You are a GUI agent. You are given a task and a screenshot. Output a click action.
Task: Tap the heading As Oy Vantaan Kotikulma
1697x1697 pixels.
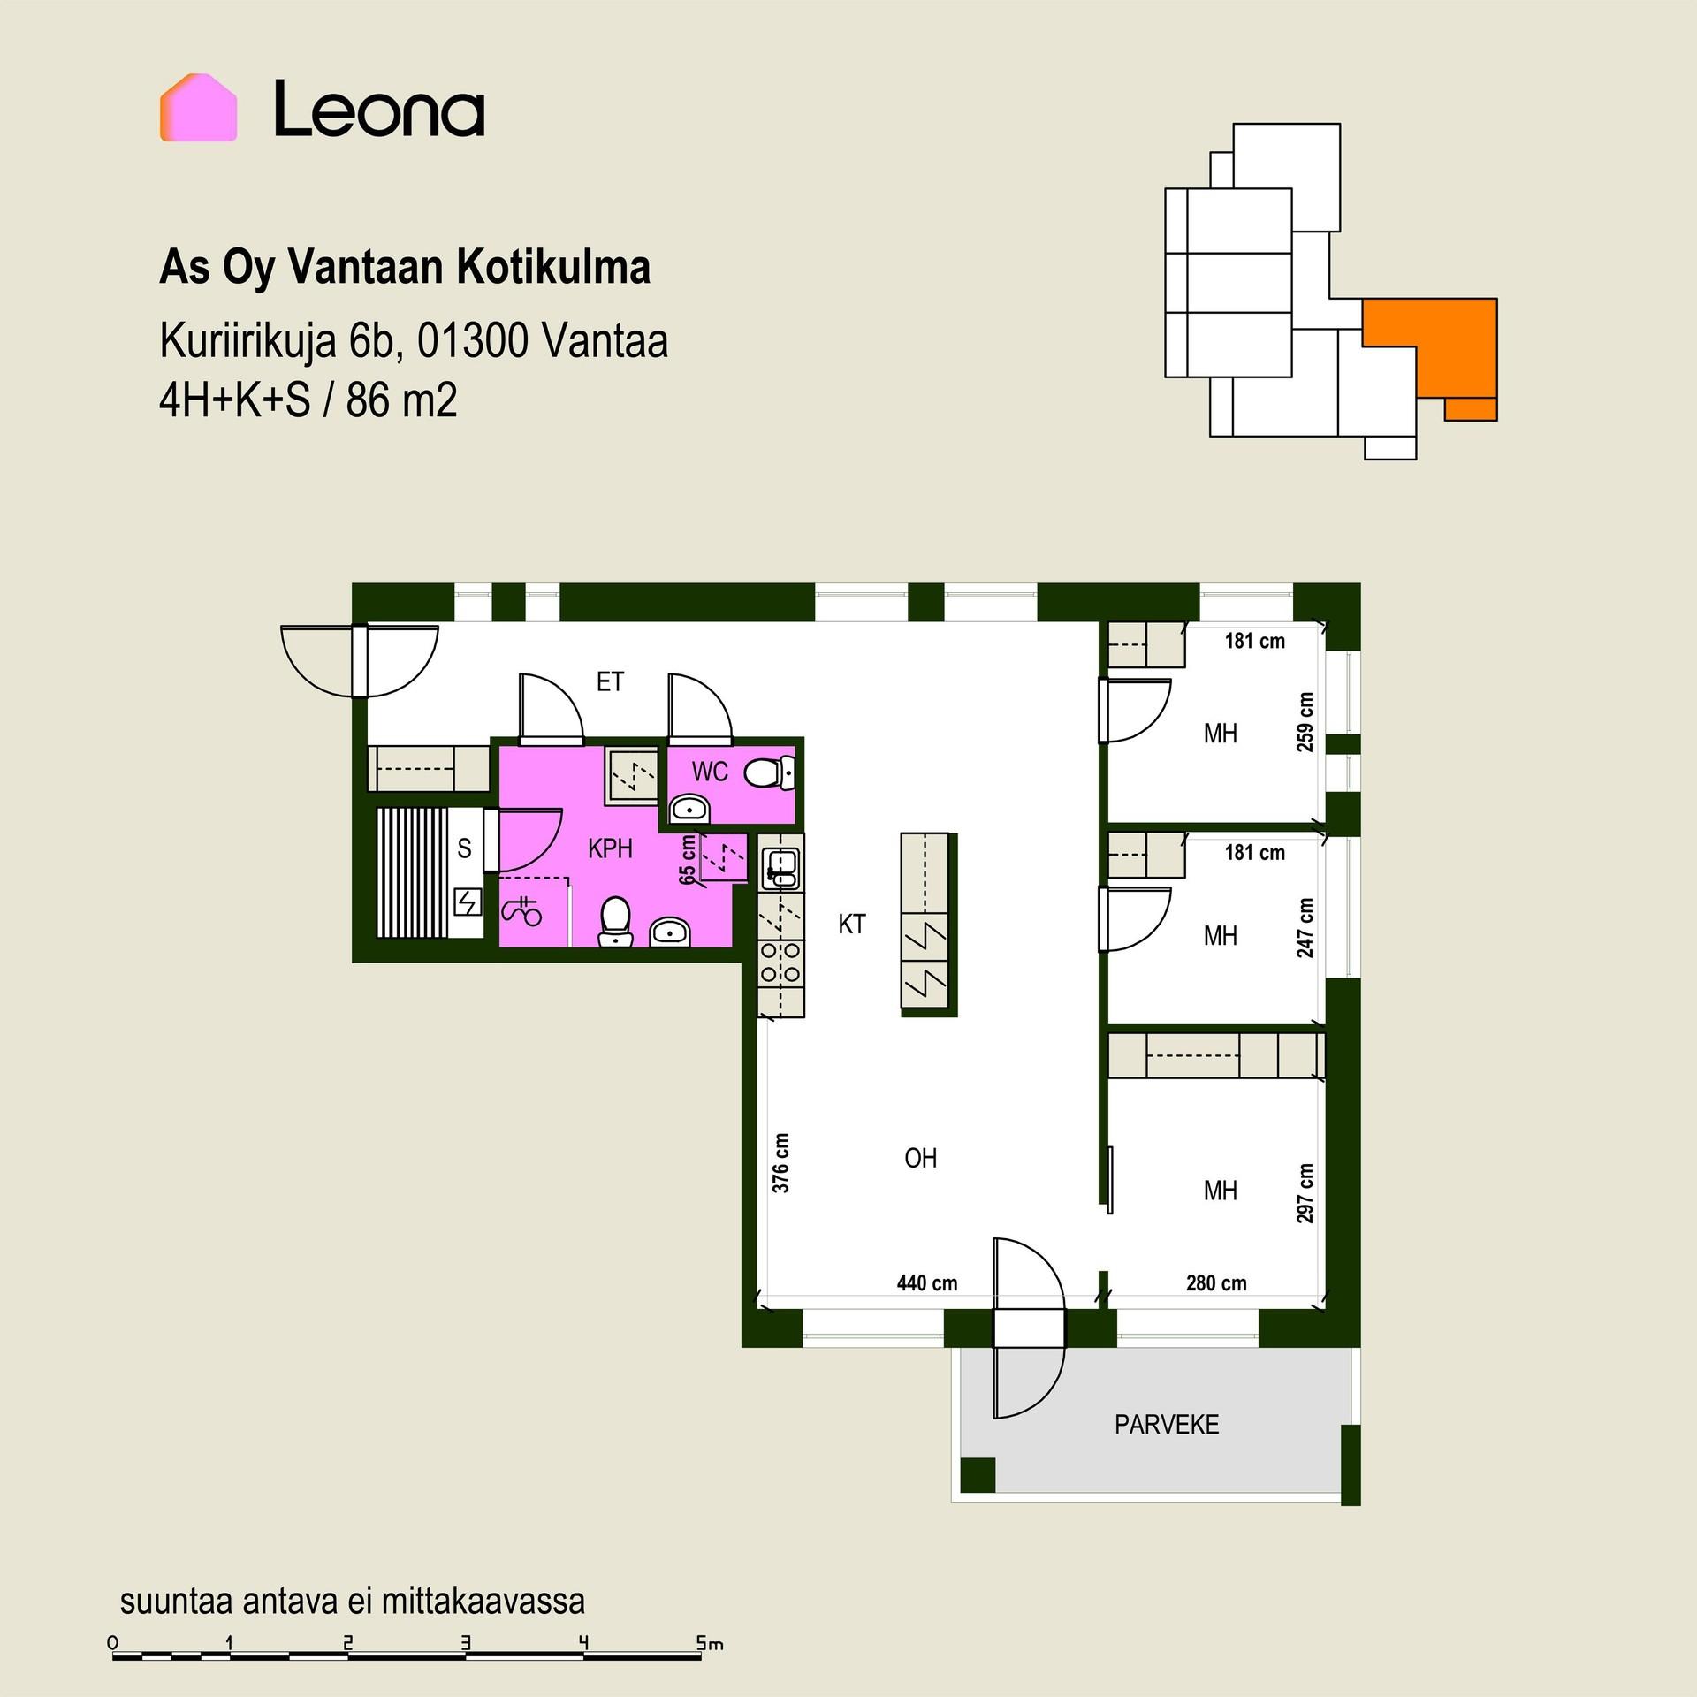(x=405, y=268)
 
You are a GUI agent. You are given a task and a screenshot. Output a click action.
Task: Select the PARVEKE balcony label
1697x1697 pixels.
(x=1167, y=1425)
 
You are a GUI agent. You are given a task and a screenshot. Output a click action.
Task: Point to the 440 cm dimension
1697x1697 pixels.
(x=927, y=1283)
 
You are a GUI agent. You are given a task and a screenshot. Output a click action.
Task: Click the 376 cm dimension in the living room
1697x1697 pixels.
(x=780, y=1163)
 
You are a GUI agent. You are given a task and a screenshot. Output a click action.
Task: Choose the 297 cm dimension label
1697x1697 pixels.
(x=1305, y=1193)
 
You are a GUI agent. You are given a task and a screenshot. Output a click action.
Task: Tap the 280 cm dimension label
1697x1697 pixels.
(x=1216, y=1283)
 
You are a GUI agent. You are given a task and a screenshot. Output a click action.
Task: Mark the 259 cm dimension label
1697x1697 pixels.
(x=1305, y=722)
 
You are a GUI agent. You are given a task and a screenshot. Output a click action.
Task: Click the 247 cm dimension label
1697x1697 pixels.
(x=1305, y=928)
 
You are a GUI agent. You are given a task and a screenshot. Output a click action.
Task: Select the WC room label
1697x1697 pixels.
(x=710, y=772)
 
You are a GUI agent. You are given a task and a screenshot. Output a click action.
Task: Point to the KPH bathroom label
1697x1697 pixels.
(x=610, y=848)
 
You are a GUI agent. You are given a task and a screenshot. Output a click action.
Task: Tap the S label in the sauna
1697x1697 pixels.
(x=464, y=848)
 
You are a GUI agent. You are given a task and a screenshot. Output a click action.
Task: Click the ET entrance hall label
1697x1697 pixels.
(x=610, y=681)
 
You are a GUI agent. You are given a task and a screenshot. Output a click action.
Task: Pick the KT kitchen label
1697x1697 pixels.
(x=852, y=925)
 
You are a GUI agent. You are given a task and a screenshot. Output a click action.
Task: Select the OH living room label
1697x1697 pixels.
(x=920, y=1158)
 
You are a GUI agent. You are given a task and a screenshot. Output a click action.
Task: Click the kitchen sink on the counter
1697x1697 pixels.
(x=781, y=868)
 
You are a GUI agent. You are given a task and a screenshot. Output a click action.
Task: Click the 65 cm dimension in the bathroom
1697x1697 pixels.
(x=688, y=860)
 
